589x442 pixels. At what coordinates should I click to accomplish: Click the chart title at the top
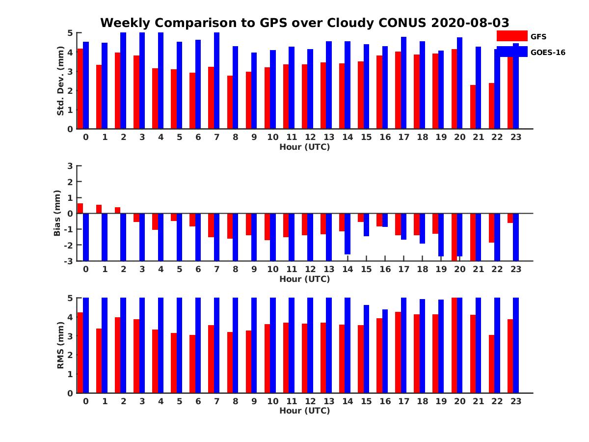pyautogui.click(x=304, y=23)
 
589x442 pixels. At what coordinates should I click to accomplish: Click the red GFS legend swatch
pyautogui.click(x=511, y=36)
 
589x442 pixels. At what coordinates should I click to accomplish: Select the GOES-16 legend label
pyautogui.click(x=548, y=52)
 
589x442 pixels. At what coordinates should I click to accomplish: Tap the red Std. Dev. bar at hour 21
pyautogui.click(x=473, y=107)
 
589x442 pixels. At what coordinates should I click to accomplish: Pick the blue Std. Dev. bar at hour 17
pyautogui.click(x=403, y=83)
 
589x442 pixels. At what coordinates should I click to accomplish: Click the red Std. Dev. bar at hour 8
pyautogui.click(x=230, y=102)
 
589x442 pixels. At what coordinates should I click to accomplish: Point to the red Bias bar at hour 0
pyautogui.click(x=80, y=208)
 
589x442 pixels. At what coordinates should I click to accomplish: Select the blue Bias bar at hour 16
pyautogui.click(x=385, y=220)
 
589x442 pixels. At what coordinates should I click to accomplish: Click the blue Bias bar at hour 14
pyautogui.click(x=348, y=234)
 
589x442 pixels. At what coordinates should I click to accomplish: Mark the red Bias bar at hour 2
pyautogui.click(x=117, y=210)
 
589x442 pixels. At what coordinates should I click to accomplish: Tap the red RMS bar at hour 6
pyautogui.click(x=192, y=364)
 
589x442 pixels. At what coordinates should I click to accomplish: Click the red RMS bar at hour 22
pyautogui.click(x=491, y=364)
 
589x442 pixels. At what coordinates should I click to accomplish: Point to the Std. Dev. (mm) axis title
pyautogui.click(x=60, y=81)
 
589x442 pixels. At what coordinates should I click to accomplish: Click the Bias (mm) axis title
pyautogui.click(x=57, y=213)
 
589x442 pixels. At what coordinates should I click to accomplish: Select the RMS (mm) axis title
pyautogui.click(x=60, y=345)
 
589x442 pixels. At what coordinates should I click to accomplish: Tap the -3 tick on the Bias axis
pyautogui.click(x=69, y=261)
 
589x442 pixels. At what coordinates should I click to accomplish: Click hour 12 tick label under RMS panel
pyautogui.click(x=310, y=401)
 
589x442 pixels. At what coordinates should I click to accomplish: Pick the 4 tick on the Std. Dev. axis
pyautogui.click(x=71, y=52)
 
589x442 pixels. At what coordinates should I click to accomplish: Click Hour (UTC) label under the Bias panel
pyautogui.click(x=304, y=279)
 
